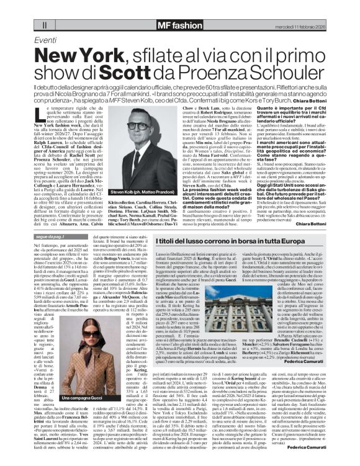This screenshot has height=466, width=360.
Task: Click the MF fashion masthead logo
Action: (x=179, y=25)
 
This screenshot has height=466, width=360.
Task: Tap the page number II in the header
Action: (x=44, y=25)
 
